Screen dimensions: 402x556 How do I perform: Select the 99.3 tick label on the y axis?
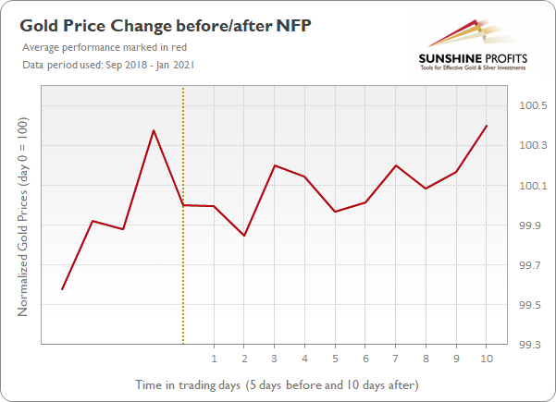coord(528,345)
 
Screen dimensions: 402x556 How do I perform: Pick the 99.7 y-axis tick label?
coord(528,265)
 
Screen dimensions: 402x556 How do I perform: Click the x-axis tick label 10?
coord(486,358)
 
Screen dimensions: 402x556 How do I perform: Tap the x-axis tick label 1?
coord(214,358)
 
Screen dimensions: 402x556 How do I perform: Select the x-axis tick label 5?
coord(335,358)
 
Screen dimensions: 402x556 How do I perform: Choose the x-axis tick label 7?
coord(395,358)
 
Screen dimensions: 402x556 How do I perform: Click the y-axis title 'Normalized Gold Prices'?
coord(23,216)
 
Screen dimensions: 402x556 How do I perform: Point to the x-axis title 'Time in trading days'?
coord(278,384)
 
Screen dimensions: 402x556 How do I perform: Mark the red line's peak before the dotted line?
coord(154,130)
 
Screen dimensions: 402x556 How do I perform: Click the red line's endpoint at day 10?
coord(487,126)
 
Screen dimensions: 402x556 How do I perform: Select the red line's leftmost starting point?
coord(62,289)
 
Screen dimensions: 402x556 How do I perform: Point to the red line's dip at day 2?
coord(244,236)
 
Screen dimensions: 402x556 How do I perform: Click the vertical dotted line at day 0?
coord(183,277)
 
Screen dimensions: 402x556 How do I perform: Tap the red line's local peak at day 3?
coord(275,165)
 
